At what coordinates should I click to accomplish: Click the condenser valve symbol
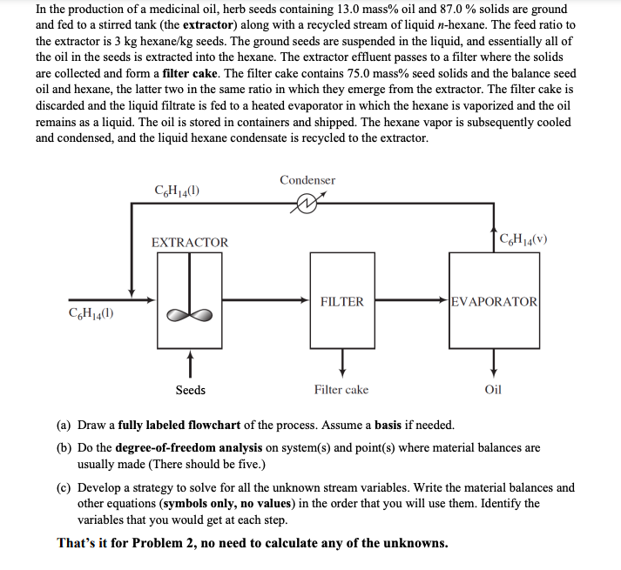307,205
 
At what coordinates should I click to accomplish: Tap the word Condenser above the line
307,180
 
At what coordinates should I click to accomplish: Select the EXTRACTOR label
190,243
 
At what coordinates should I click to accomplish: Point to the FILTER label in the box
341,302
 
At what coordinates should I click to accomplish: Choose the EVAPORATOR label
495,301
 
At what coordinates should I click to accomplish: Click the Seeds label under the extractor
191,390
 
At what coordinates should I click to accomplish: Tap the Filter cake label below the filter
341,390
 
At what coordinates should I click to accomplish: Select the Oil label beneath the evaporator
493,390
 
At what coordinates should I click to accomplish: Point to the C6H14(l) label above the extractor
179,191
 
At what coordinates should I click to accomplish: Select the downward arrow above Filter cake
342,359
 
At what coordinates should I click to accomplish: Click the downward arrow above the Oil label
494,359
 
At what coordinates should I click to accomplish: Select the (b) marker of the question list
64,447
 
